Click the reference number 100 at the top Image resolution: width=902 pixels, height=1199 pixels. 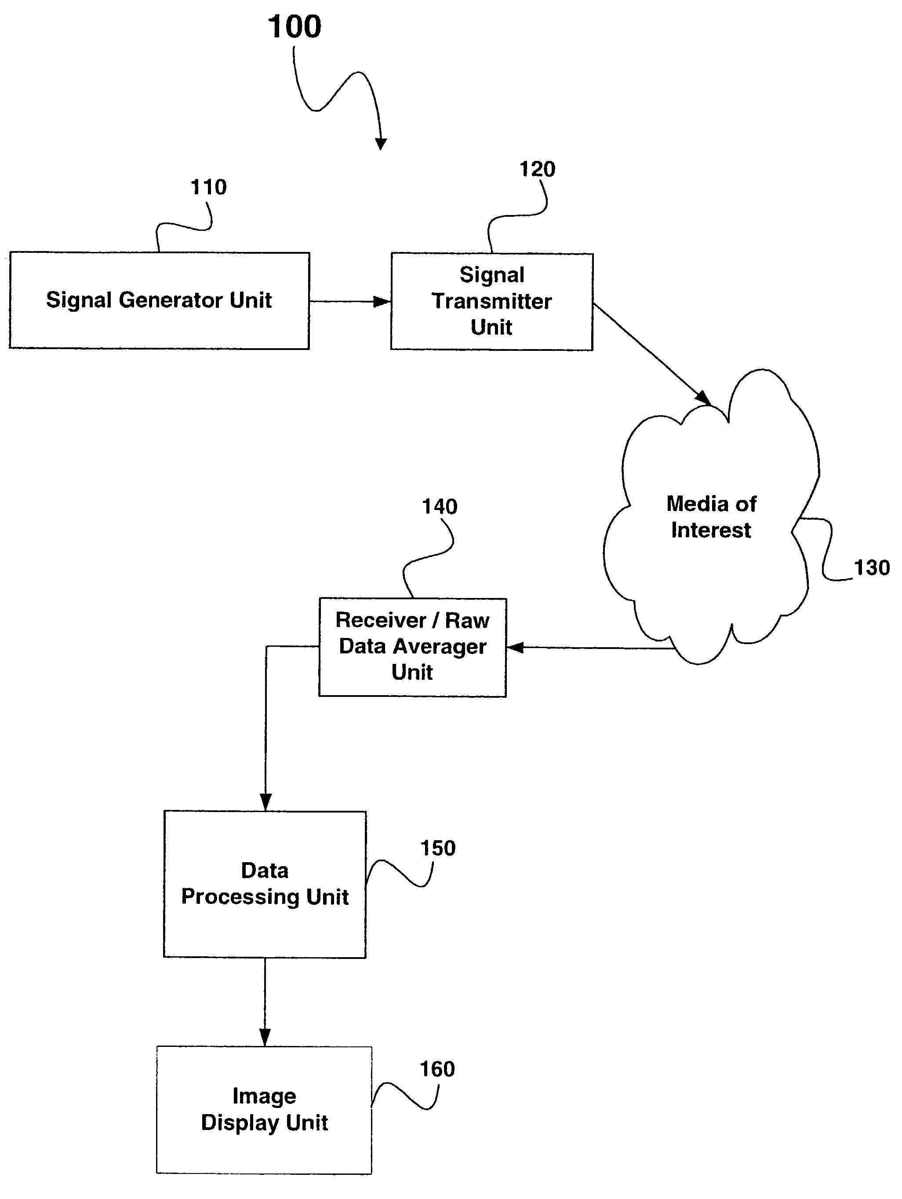coord(295,27)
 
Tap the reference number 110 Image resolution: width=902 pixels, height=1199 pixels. coord(208,188)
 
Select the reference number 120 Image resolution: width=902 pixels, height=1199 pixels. coord(537,170)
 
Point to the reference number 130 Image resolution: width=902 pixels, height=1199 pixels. coord(872,568)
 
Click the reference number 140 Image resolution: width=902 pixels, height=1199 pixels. coord(440,507)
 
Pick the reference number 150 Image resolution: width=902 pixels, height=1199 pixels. coord(438,848)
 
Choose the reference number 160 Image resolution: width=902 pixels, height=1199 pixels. coord(437,1069)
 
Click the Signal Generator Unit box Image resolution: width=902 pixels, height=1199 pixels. coord(159,300)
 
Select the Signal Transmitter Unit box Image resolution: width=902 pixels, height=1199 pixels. coord(491,301)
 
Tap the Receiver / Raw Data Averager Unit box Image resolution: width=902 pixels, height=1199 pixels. coord(412,647)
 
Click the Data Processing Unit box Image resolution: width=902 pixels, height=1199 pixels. coord(265,884)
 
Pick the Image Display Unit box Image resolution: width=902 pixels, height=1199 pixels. coord(264,1110)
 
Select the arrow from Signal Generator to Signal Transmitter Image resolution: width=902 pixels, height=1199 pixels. coord(349,301)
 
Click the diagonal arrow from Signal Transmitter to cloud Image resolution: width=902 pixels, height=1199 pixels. coord(651,352)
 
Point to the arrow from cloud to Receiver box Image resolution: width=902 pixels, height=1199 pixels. coord(591,647)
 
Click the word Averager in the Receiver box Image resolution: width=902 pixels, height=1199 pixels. coord(439,647)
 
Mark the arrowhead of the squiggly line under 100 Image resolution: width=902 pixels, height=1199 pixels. coord(381,144)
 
